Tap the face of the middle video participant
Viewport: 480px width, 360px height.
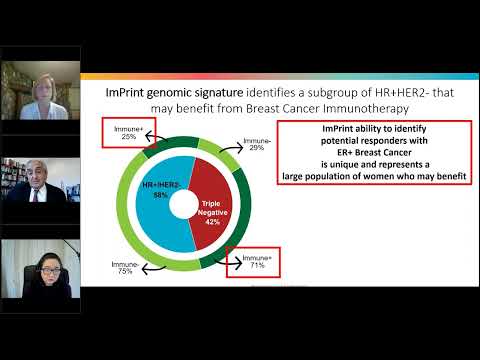click(29, 187)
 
